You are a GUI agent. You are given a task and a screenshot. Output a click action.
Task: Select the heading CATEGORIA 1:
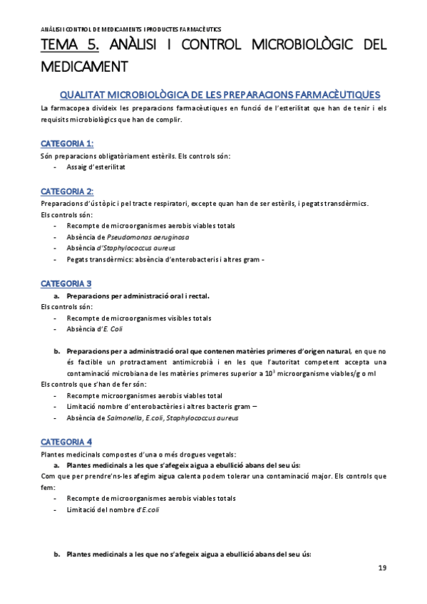pyautogui.click(x=67, y=143)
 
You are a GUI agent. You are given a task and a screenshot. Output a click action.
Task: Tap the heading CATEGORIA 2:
pyautogui.click(x=67, y=191)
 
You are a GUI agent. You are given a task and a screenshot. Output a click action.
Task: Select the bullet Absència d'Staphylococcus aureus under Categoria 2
pyautogui.click(x=120, y=248)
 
